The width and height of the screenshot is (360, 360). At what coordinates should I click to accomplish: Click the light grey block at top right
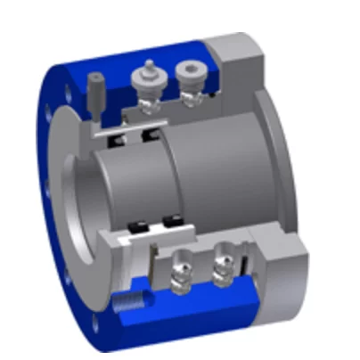(238, 60)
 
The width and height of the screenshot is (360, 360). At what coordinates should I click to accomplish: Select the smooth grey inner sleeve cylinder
(214, 178)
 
